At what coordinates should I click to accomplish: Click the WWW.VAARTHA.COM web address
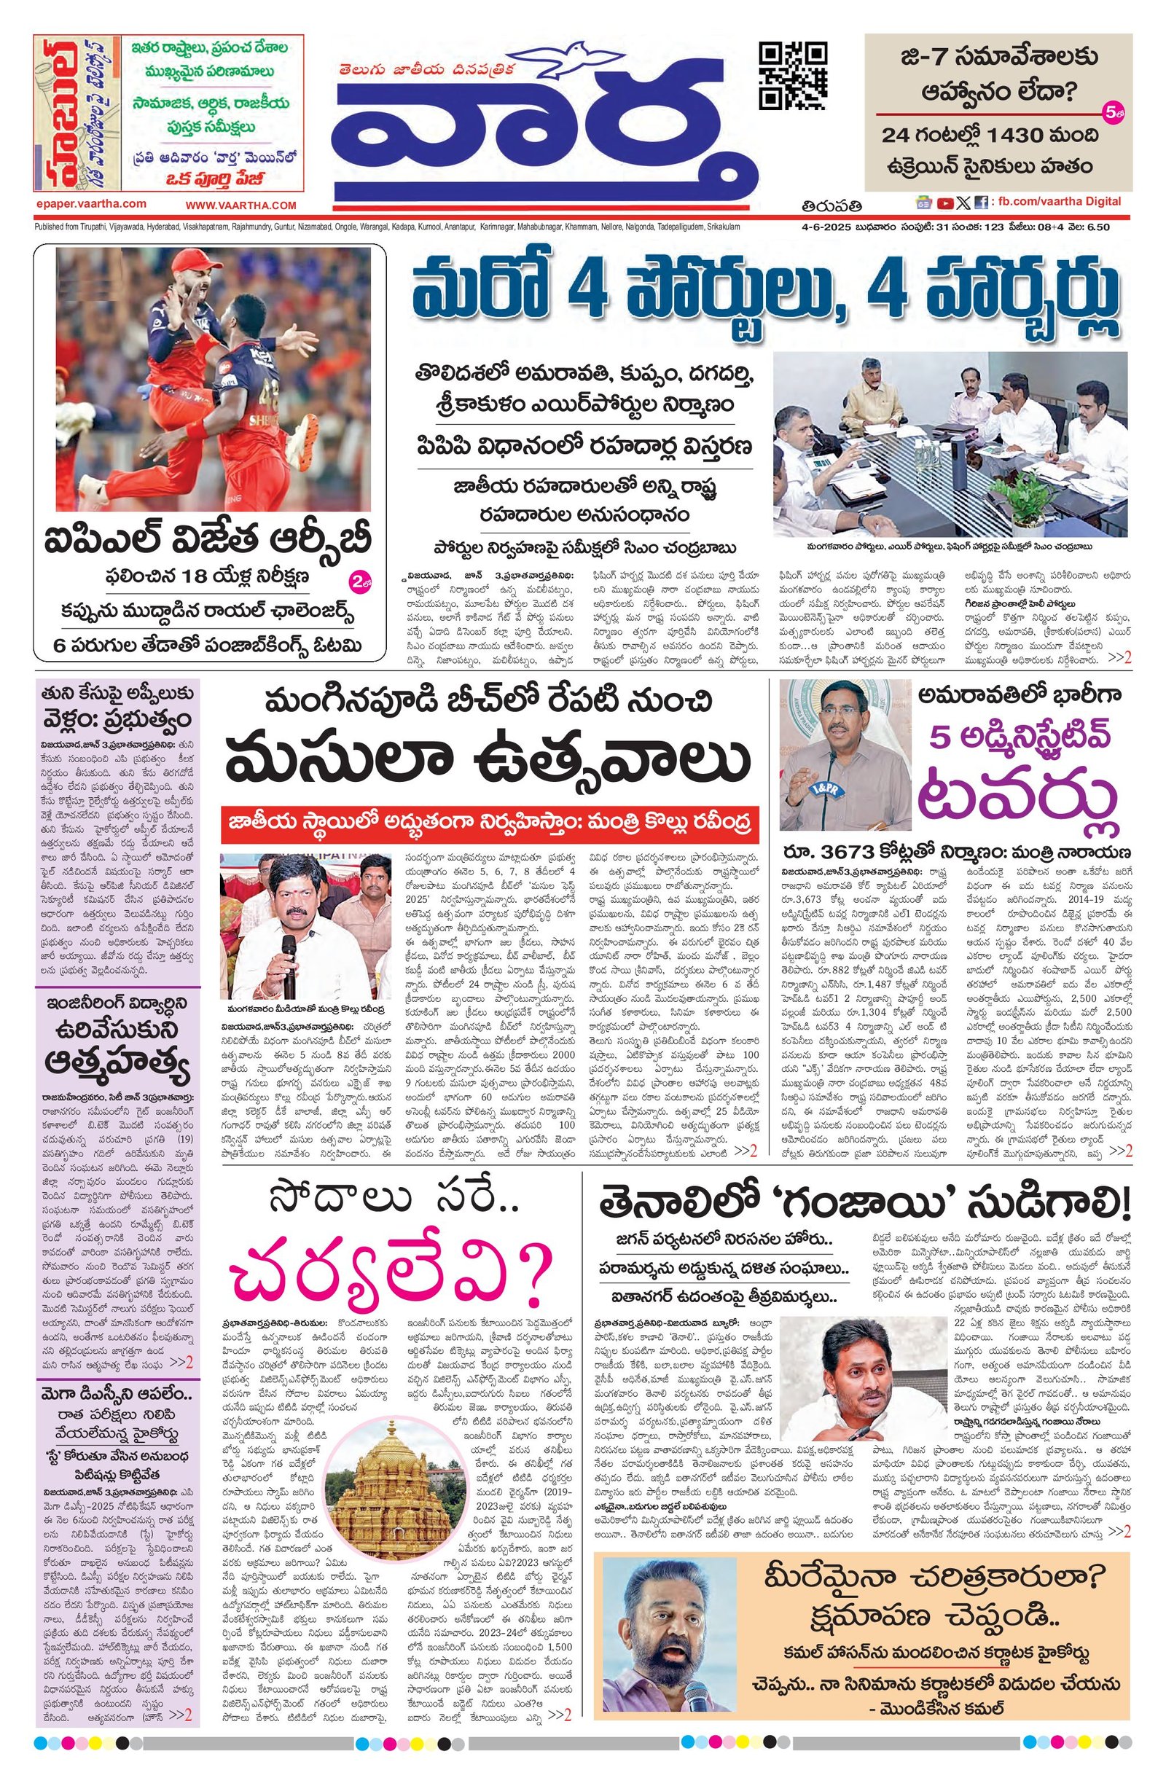[x=242, y=205]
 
